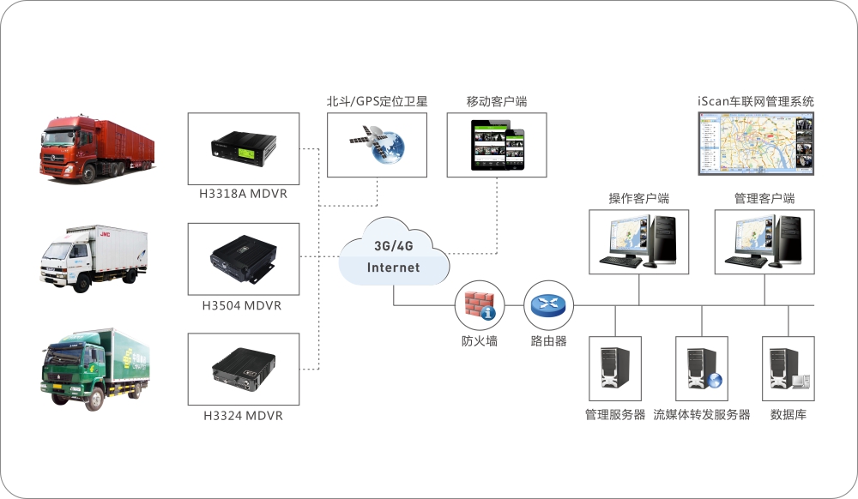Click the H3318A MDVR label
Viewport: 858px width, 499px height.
click(x=243, y=194)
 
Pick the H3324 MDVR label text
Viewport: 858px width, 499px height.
click(x=243, y=416)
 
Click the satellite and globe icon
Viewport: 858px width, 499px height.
click(x=378, y=144)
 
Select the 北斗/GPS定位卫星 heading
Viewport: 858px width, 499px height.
click(x=377, y=101)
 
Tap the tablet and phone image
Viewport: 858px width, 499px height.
click(x=498, y=144)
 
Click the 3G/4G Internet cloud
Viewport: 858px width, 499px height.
click(x=394, y=256)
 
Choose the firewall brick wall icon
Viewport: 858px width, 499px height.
click(x=479, y=305)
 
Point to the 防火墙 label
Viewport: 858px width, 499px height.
click(x=479, y=341)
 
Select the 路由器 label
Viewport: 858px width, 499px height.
click(x=549, y=341)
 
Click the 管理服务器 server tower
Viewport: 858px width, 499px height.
click(x=614, y=369)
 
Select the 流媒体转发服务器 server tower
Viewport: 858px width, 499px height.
click(x=702, y=369)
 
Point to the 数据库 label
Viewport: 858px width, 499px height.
click(x=788, y=415)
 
